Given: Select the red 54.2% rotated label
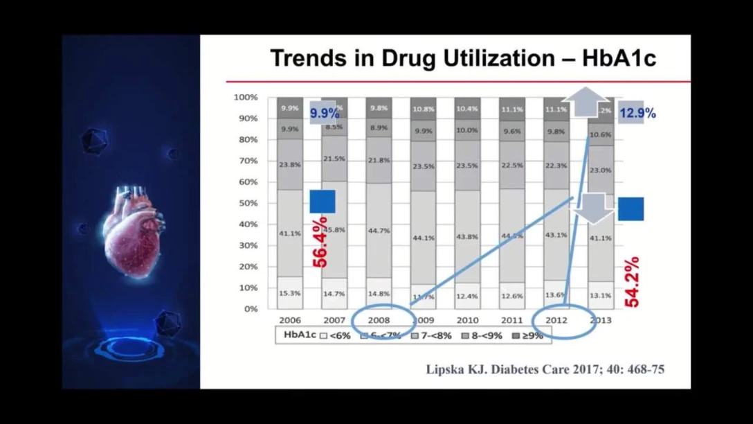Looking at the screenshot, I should click(x=631, y=281).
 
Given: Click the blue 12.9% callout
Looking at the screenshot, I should click(x=637, y=113).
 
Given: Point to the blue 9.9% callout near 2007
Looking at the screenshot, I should click(x=324, y=113).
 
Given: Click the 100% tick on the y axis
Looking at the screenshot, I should click(x=246, y=98).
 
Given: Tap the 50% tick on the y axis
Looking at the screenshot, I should click(x=248, y=203).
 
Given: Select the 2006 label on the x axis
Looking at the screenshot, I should click(x=290, y=320).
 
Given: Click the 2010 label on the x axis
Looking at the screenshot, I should click(x=467, y=320).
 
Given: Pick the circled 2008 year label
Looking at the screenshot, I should click(x=379, y=320).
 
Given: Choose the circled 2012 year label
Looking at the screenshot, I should click(x=556, y=320).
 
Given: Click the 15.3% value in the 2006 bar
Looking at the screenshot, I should click(x=290, y=293).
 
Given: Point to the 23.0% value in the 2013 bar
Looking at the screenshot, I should click(x=601, y=170).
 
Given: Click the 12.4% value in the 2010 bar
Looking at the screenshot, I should click(x=468, y=296).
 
